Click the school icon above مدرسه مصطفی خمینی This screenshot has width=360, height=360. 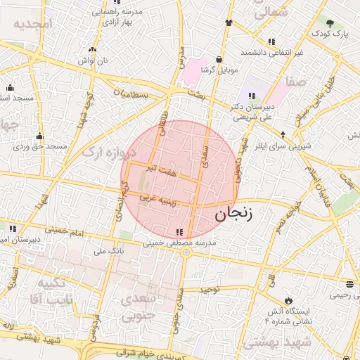[181, 231]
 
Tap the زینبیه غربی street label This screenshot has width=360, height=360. [157, 199]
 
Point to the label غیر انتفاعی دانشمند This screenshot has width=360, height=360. [271, 53]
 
